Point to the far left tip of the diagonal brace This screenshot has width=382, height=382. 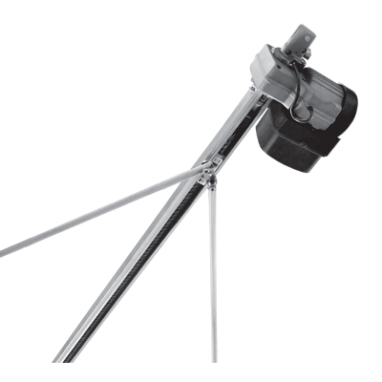pos(3,254)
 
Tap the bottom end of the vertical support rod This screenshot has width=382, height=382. pos(214,359)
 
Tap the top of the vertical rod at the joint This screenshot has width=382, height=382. pos(211,187)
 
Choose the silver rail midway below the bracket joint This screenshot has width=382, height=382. pos(134,267)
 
